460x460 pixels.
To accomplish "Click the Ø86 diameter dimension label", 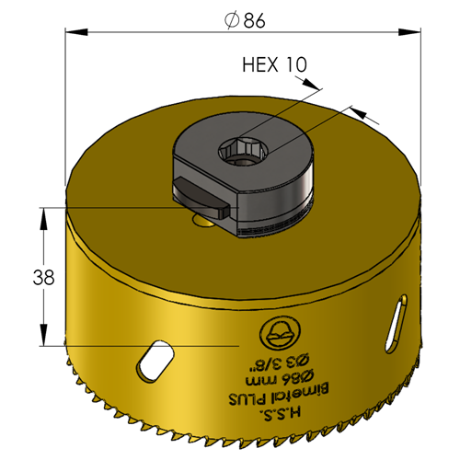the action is click(245, 20).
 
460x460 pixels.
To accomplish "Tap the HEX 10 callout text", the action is click(274, 65).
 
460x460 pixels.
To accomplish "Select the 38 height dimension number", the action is click(43, 277).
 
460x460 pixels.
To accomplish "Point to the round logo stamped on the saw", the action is click(280, 333).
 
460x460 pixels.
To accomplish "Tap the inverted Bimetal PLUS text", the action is click(280, 395).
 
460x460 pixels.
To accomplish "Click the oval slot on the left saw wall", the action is click(155, 361).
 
